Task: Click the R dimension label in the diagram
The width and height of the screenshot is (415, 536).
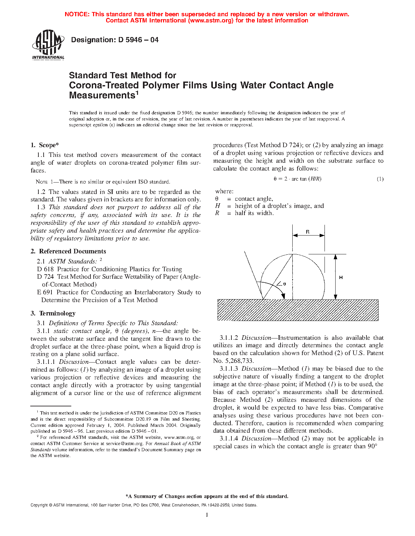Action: pos(308,232)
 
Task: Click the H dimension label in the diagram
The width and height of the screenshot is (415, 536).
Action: pos(341,277)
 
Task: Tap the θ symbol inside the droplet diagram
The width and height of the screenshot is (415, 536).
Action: pos(284,284)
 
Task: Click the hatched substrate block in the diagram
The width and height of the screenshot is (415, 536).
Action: pos(297,310)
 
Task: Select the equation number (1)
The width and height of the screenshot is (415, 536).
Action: pos(380,179)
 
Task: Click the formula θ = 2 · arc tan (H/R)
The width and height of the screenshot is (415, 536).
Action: pos(297,179)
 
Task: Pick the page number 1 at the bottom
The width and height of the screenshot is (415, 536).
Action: pos(207,515)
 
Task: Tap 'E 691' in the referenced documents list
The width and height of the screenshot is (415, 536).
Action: pos(45,292)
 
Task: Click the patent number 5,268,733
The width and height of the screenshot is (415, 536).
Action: pos(239,361)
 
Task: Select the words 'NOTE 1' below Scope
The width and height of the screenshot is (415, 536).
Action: pos(45,182)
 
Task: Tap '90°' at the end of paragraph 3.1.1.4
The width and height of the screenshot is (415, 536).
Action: pos(372,446)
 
